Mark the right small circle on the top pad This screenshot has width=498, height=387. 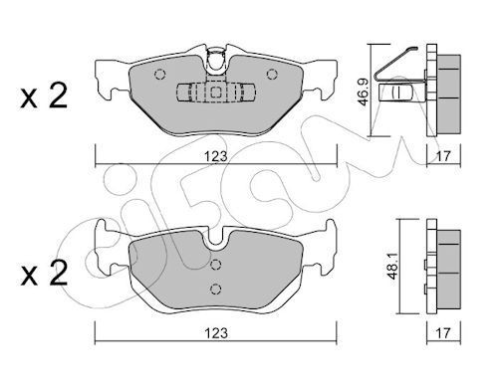coord(272,73)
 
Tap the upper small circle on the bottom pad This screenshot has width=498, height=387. coord(216,265)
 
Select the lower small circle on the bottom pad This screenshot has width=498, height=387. coord(216,289)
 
